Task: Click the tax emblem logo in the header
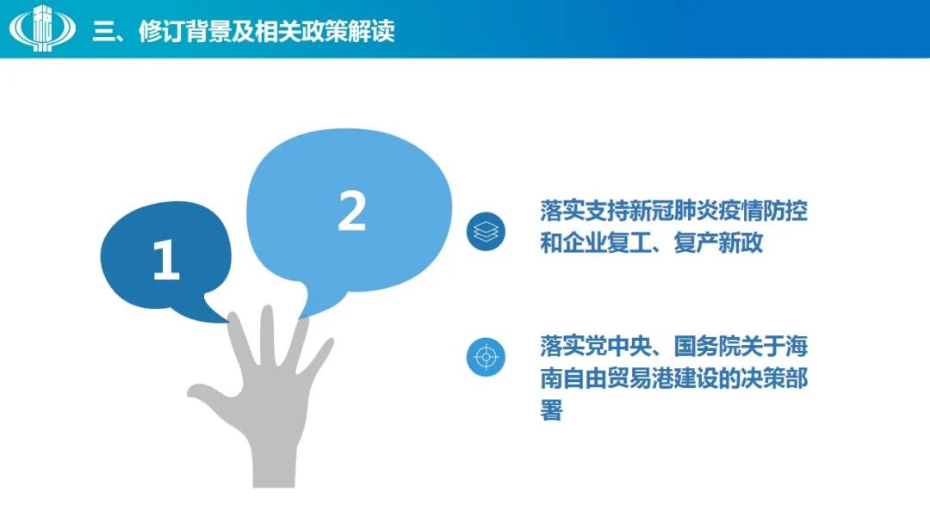click(x=42, y=28)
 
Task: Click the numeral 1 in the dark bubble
click(x=165, y=260)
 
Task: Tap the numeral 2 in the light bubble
click(x=351, y=210)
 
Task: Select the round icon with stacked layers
click(x=486, y=231)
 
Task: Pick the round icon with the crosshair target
click(x=486, y=357)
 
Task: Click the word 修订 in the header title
click(x=161, y=31)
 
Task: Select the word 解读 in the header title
click(x=371, y=31)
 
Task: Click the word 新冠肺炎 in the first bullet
click(x=673, y=211)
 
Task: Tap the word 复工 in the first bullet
click(x=629, y=243)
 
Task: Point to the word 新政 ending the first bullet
click(x=741, y=243)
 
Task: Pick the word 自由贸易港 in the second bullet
click(x=618, y=378)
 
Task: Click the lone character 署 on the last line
click(x=551, y=409)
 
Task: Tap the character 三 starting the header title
click(x=103, y=32)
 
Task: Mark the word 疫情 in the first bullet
click(x=741, y=211)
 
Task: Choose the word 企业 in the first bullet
click(x=584, y=243)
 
